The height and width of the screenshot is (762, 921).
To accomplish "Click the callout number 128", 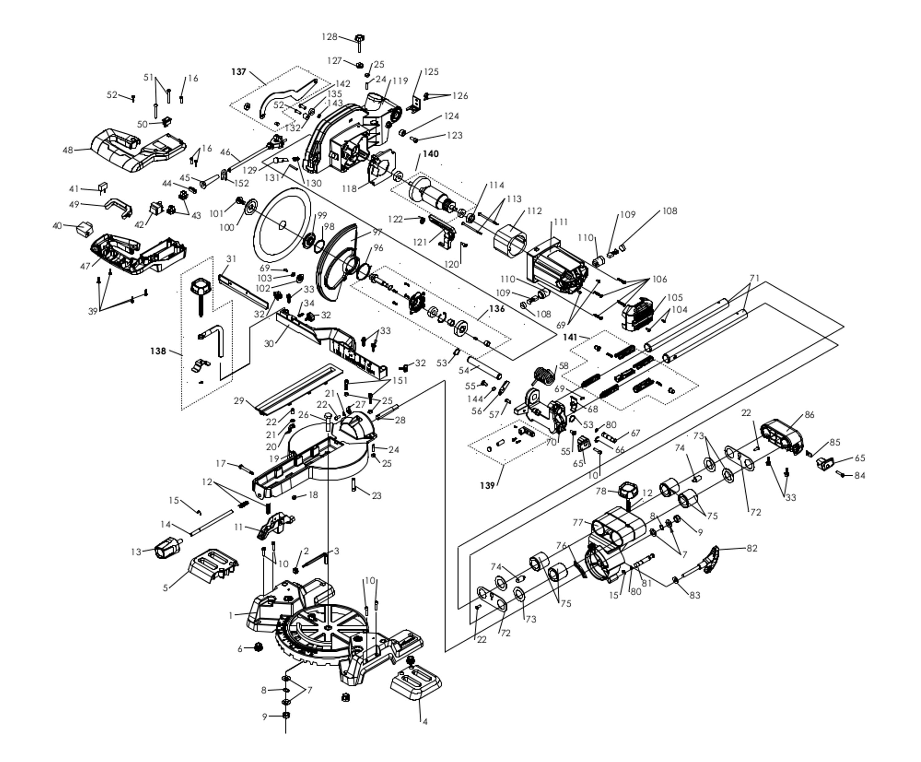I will click(x=329, y=37).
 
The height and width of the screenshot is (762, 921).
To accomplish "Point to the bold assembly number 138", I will click(x=158, y=351).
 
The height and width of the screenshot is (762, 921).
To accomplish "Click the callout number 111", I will click(x=561, y=222).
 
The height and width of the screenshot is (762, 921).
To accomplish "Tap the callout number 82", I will click(x=752, y=548).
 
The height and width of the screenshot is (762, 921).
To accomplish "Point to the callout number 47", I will click(x=85, y=266).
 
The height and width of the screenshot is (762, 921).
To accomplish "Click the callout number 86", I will click(x=809, y=415).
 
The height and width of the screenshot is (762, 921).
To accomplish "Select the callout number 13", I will click(x=136, y=551).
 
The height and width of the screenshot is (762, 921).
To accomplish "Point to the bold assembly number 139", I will click(x=487, y=485).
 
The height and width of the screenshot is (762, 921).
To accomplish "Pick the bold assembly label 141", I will click(x=570, y=337).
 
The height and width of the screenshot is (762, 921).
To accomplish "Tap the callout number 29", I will click(x=239, y=401).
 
